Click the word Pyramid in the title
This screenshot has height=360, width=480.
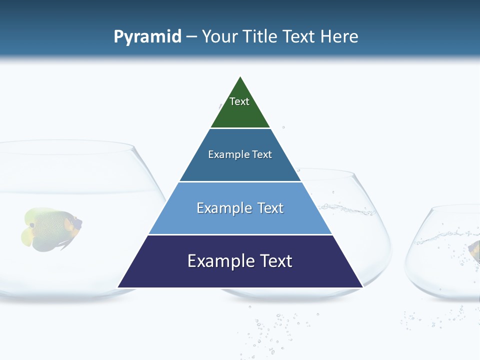pyautogui.click(x=147, y=37)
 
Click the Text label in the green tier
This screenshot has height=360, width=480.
pyautogui.click(x=239, y=101)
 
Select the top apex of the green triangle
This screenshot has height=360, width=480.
pyautogui.click(x=240, y=76)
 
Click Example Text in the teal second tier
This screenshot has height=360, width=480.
pyautogui.click(x=240, y=154)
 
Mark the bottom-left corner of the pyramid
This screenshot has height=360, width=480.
pyautogui.click(x=118, y=287)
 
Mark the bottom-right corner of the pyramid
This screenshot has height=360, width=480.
pyautogui.click(x=362, y=287)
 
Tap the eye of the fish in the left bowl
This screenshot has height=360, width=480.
pyautogui.click(x=32, y=225)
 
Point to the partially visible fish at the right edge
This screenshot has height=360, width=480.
pyautogui.click(x=474, y=250)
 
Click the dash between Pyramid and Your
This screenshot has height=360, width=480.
pyautogui.click(x=191, y=37)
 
